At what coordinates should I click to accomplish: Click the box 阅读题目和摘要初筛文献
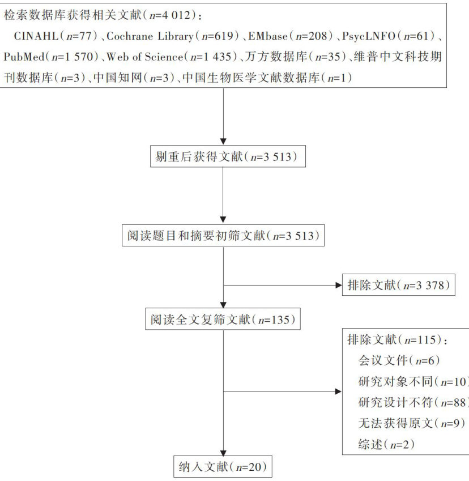[x=224, y=236]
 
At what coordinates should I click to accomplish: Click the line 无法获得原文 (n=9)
[x=403, y=423]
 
